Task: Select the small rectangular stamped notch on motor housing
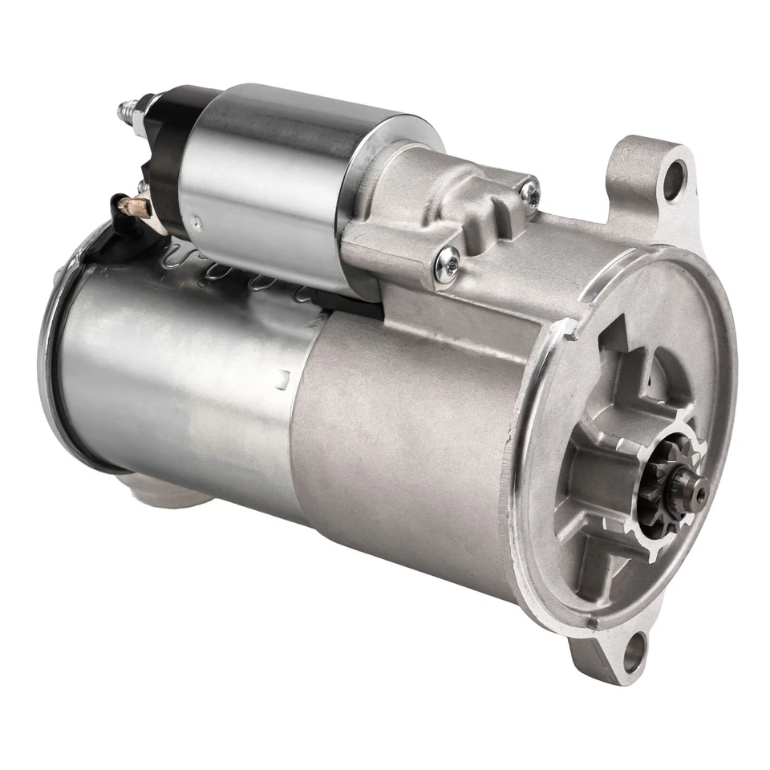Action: [282, 374]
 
